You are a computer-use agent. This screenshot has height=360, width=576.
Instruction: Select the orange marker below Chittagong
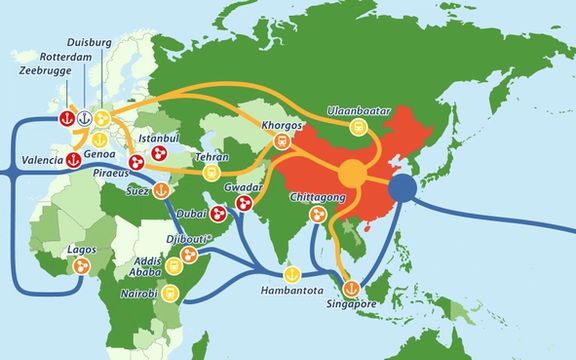314,215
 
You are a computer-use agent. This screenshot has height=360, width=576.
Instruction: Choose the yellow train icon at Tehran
211,173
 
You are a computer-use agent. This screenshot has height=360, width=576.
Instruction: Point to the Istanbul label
158,135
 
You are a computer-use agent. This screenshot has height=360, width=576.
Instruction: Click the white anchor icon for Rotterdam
85,117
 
